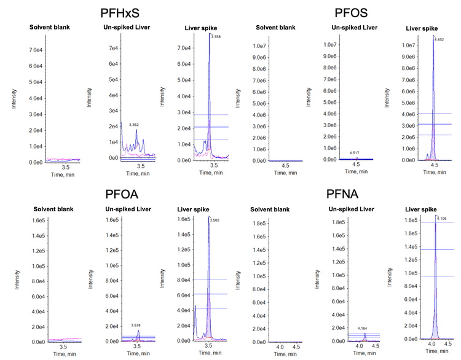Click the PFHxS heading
[x=122, y=14]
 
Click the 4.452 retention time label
[x=439, y=39]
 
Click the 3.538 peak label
[x=136, y=326]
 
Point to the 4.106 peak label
[x=443, y=217]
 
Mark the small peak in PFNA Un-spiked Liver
[x=365, y=335]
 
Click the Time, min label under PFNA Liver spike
[x=430, y=354]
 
